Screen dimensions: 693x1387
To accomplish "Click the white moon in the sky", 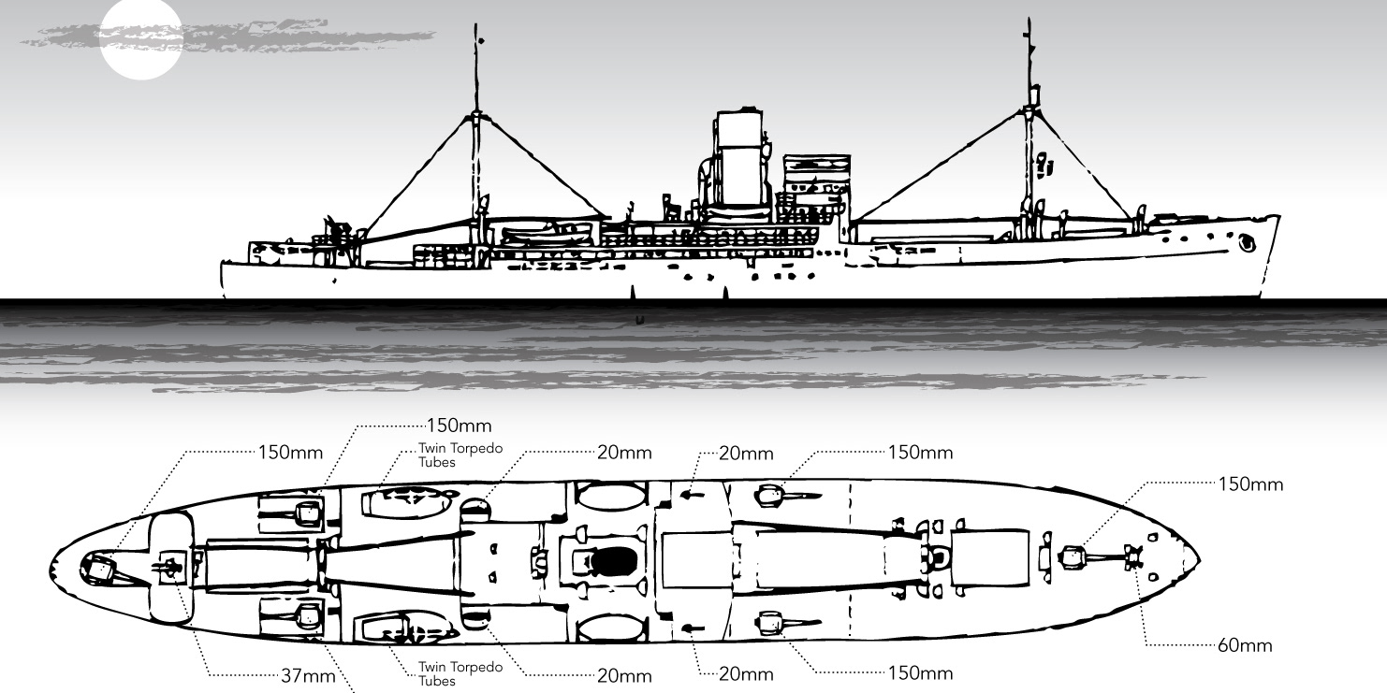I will click(x=140, y=39).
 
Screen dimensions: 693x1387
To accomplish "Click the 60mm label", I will click(x=1245, y=645).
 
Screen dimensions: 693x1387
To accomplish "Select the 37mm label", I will click(x=308, y=675).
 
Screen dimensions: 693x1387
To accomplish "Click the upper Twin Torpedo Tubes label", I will click(x=460, y=455).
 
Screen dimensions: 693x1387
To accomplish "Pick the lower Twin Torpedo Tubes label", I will click(x=460, y=673).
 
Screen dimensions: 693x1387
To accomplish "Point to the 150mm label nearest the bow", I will click(x=1251, y=484).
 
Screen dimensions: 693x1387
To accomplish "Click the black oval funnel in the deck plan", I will click(x=615, y=561).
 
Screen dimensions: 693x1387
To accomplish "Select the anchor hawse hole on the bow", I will click(x=1246, y=244).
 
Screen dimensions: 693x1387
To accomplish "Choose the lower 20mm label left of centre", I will click(x=624, y=675).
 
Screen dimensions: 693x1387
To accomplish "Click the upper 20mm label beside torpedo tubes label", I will click(x=624, y=452).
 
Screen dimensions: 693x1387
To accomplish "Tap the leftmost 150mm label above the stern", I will click(x=290, y=453).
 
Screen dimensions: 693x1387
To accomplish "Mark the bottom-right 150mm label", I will click(x=921, y=672).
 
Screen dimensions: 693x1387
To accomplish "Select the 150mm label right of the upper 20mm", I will click(x=921, y=453).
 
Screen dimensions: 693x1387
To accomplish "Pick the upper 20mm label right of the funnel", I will click(x=747, y=454).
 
